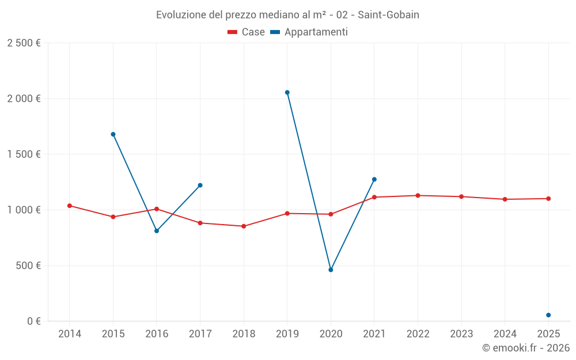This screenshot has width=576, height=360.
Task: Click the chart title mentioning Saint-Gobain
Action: point(287,14)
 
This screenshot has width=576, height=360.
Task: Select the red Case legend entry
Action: point(246,32)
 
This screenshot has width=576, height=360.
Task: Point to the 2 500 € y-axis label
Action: point(24,43)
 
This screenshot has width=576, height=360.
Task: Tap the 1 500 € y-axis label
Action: point(24,154)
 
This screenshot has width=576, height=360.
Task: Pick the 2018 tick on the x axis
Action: point(244,334)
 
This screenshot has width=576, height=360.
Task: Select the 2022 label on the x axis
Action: point(418,334)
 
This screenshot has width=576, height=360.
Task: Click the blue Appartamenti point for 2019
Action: point(287,92)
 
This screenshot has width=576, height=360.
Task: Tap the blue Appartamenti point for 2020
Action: point(331,270)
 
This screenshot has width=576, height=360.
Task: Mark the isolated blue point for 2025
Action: point(548,315)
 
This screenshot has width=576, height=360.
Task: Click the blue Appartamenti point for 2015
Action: point(113,134)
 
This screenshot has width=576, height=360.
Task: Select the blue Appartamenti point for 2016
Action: point(157,231)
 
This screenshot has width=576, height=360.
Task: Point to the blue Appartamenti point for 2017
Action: point(200,185)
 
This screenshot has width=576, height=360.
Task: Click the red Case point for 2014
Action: point(70,206)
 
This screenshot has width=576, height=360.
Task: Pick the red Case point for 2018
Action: point(244,226)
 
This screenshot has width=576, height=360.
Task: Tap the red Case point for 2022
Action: point(418,195)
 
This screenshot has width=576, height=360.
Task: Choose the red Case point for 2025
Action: point(548,199)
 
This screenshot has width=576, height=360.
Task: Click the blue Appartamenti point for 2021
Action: point(374,179)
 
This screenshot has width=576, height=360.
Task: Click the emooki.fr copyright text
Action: point(526,348)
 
